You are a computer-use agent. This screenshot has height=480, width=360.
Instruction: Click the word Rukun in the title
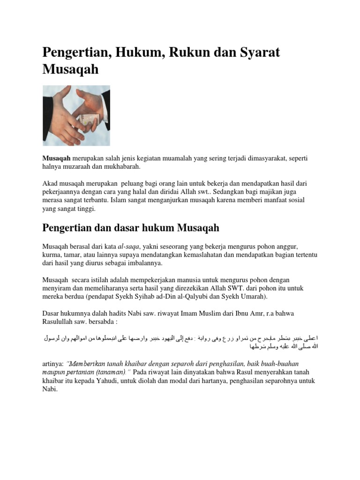(180, 52)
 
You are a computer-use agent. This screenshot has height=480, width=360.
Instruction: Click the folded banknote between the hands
(89, 120)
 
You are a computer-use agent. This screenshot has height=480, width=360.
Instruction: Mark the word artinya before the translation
(53, 364)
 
